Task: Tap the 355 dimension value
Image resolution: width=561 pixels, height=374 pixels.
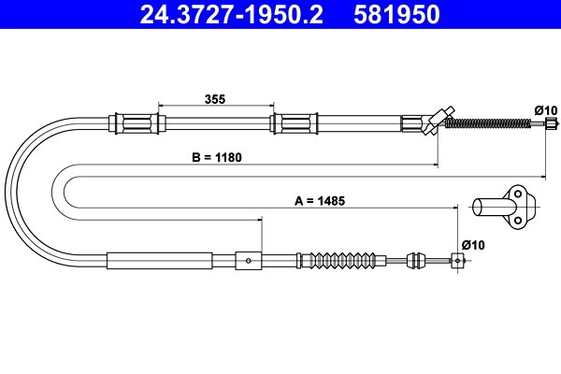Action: click(215, 98)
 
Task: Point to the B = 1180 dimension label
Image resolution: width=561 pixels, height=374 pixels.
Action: click(217, 157)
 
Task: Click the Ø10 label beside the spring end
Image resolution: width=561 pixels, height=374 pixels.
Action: click(545, 110)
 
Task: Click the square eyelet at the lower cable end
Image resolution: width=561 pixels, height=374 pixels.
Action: click(458, 260)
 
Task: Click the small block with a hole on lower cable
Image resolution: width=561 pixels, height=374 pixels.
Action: click(248, 259)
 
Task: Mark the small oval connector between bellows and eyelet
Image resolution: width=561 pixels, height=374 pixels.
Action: click(415, 260)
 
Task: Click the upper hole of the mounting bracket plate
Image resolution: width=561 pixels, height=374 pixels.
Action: click(515, 194)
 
